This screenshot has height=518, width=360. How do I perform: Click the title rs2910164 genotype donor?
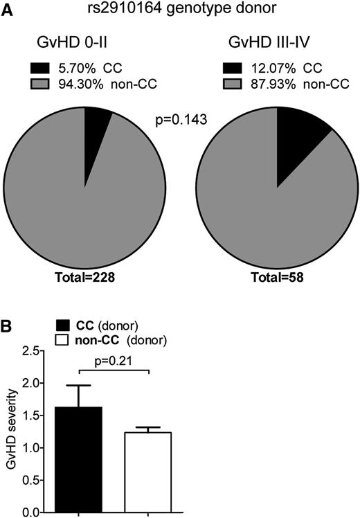(x=181, y=9)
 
